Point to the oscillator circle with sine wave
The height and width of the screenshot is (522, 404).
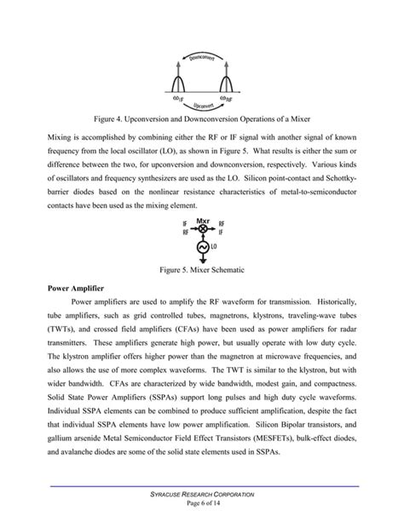202,247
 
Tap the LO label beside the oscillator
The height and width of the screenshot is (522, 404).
216,248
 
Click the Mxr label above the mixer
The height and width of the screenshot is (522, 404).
203,218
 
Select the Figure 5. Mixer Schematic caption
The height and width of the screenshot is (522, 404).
202,270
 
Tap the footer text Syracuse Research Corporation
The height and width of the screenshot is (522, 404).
202,494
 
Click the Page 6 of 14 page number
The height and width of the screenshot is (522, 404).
202,503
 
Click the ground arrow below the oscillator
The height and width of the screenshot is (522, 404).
202,261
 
